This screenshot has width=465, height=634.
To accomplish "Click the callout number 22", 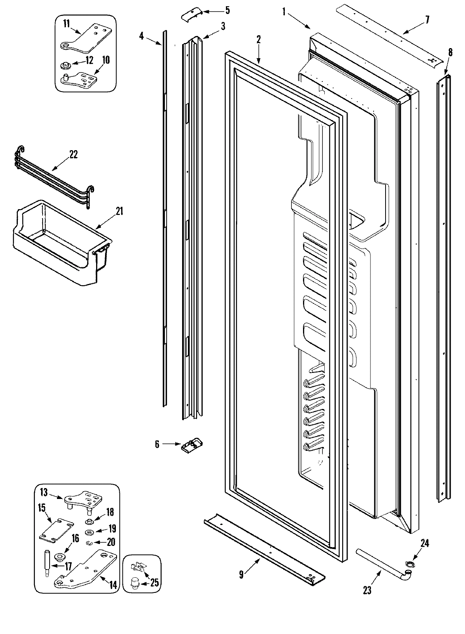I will (x=73, y=154).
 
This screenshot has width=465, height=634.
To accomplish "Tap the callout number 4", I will (x=141, y=36).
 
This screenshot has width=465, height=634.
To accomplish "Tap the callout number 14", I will (x=113, y=585).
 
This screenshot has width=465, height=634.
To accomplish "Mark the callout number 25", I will (x=155, y=582).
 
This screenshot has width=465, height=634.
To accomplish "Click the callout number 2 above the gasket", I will (x=258, y=39).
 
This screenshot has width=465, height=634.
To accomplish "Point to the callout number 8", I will (x=450, y=52).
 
